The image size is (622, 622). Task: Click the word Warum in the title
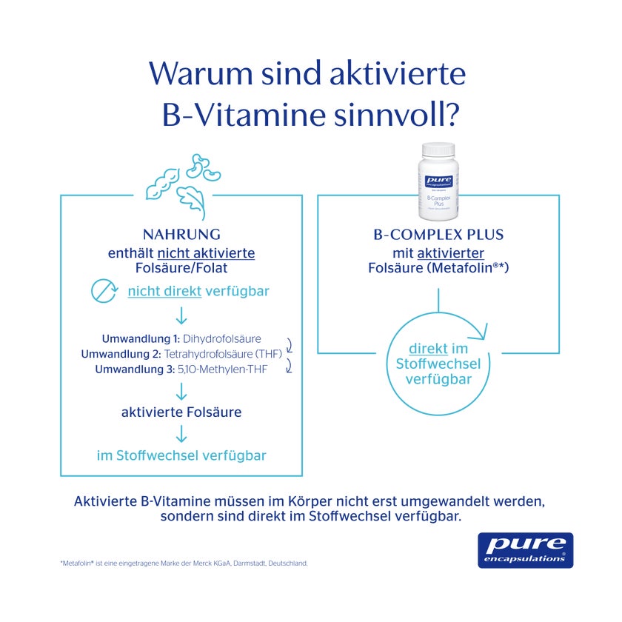tap(201, 73)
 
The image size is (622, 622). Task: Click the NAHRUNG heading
tap(181, 235)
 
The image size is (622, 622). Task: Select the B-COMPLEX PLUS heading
tap(438, 235)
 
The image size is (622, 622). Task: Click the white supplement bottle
tap(438, 181)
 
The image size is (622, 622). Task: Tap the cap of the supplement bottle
tap(438, 149)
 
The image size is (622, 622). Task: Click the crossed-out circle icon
tap(104, 291)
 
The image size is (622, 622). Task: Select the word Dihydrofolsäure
tap(221, 339)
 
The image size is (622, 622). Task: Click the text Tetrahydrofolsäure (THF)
tap(223, 354)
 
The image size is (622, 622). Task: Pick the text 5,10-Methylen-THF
tap(222, 369)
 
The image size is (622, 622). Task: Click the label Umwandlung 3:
tap(135, 369)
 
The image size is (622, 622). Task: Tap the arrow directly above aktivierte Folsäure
tap(181, 392)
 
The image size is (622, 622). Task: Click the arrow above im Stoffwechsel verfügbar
tap(181, 434)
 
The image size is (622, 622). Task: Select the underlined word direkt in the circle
tap(429, 349)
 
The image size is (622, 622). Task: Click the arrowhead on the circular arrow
tap(479, 332)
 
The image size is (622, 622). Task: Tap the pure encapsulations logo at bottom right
tap(525, 550)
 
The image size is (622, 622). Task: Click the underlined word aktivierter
tap(451, 253)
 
